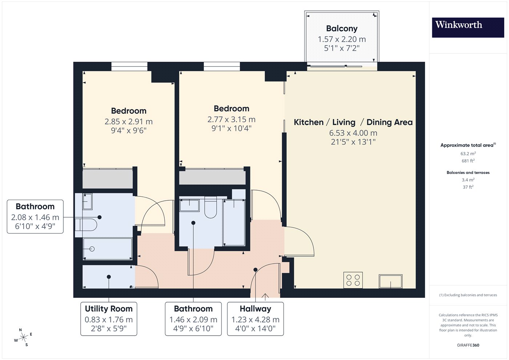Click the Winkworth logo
tap(468, 27)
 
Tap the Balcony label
tap(342, 28)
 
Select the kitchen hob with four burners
tap(353, 280)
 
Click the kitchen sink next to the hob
tap(390, 281)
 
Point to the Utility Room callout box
tap(109, 319)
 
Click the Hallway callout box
tap(255, 319)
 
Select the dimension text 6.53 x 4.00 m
tap(353, 133)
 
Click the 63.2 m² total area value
tap(468, 153)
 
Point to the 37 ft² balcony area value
tap(468, 187)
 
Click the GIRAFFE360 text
tap(468, 345)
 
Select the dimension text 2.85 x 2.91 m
tap(129, 121)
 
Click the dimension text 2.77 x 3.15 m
tap(231, 119)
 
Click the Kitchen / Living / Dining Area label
tap(353, 122)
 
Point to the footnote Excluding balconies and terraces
tap(468, 295)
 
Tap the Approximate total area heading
tap(468, 145)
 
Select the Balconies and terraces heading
tap(468, 172)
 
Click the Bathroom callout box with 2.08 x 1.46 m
tap(35, 217)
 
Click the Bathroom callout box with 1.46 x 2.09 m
tap(193, 319)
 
